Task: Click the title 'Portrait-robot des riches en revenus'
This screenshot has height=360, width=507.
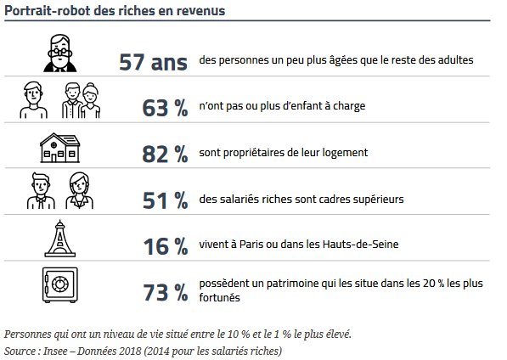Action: (x=118, y=10)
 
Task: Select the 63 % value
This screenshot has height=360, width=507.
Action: (x=165, y=108)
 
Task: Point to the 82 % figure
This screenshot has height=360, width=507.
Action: (x=165, y=154)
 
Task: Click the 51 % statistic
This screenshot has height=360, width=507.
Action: (x=165, y=200)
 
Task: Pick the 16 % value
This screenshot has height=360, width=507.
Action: (x=165, y=246)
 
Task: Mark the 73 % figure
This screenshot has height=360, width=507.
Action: (x=165, y=292)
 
